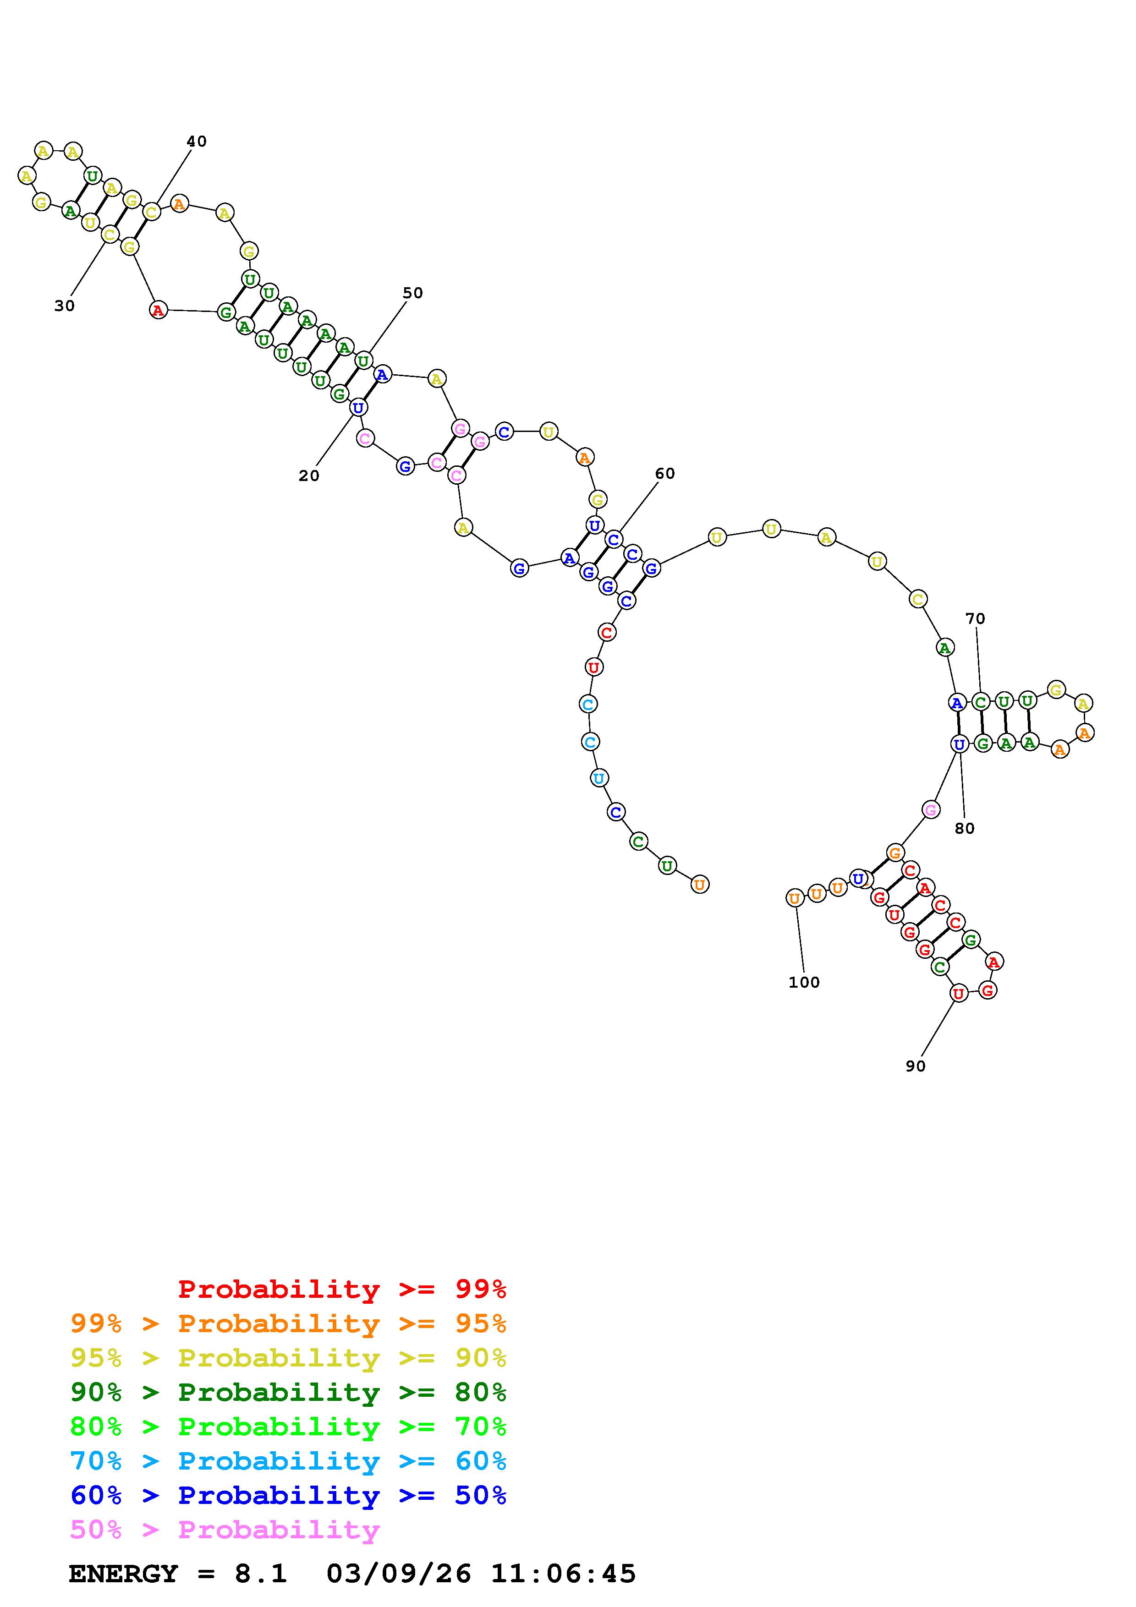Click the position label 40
coord(197,142)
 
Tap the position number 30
coord(65,306)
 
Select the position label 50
coord(413,293)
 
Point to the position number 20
coord(309,476)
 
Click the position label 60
coord(665,474)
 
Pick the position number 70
coord(975,619)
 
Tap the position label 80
coord(965,829)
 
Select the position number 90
coord(916,1066)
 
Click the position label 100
coord(804,983)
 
